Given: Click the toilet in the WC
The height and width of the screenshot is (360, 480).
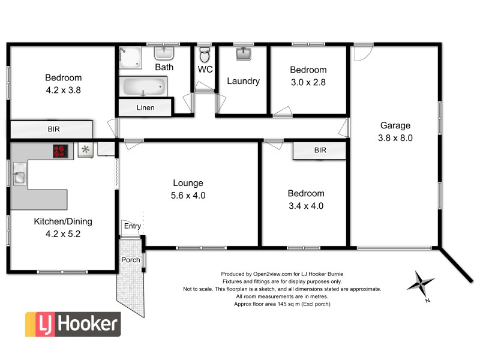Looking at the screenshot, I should click(205, 56).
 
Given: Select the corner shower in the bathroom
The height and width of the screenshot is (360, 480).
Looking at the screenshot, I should click(130, 57).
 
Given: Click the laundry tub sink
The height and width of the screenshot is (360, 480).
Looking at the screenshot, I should click(243, 55).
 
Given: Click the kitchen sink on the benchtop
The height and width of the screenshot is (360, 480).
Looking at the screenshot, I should click(17, 176).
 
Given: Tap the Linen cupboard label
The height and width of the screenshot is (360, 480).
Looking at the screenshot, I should click(145, 108).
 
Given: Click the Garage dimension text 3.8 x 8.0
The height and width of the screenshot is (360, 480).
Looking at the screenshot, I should click(395, 137).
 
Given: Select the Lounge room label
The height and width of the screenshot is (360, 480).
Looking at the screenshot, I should click(188, 183).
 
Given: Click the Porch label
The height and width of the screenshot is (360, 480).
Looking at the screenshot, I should click(130, 260).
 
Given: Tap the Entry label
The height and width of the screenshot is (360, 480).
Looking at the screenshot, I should click(132, 226).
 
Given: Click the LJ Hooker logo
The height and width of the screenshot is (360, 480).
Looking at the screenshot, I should click(72, 325).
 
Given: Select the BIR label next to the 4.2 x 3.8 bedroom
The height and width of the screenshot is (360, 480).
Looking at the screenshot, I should click(53, 129).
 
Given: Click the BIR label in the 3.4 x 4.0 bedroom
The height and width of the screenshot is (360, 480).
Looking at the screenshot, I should click(320, 151).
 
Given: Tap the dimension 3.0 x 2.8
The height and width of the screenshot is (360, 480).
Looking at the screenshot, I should click(309, 82).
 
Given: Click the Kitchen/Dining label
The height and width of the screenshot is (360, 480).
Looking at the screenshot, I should click(62, 221).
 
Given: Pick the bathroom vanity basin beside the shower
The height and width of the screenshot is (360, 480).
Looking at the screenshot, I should click(164, 53).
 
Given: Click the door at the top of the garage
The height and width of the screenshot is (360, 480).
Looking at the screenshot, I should click(362, 53).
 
